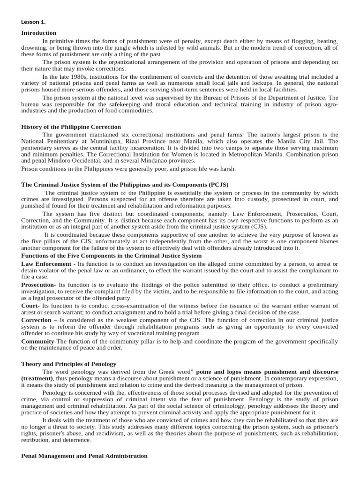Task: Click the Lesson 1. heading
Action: pyautogui.click(x=33, y=22)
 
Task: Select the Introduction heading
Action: pyautogui.click(x=39, y=33)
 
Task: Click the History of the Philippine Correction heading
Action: pyautogui.click(x=71, y=127)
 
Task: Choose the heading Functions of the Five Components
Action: pyautogui.click(x=112, y=255)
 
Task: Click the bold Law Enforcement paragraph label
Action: pyautogui.click(x=45, y=264)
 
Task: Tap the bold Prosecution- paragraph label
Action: pyautogui.click(x=38, y=285)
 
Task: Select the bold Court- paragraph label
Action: pyautogui.click(x=31, y=306)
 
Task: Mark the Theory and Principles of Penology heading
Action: pyautogui.click(x=68, y=364)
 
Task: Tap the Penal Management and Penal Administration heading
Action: pyautogui.click(x=84, y=456)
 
